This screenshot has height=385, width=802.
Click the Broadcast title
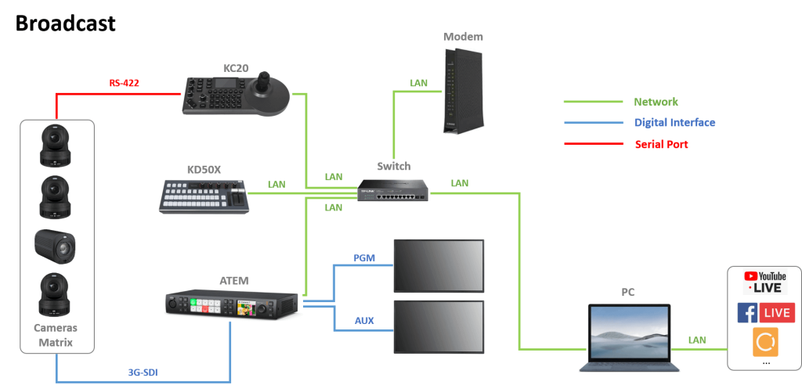66,23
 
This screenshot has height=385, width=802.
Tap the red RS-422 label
125,82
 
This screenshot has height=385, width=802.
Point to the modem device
462,90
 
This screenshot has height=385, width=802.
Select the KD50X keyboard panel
204,196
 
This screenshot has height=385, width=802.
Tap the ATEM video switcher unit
231,306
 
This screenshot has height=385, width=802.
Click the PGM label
364,258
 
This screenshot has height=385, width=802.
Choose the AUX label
364,321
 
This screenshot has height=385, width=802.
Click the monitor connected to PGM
439,265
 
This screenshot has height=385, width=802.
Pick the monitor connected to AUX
439,327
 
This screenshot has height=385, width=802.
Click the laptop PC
629,337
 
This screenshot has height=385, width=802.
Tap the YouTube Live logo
765,282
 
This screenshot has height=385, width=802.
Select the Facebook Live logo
766,312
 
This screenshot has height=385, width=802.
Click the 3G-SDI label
143,372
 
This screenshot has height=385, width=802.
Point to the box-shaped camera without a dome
56,246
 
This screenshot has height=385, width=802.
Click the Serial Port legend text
661,144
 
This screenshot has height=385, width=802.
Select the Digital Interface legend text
674,123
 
